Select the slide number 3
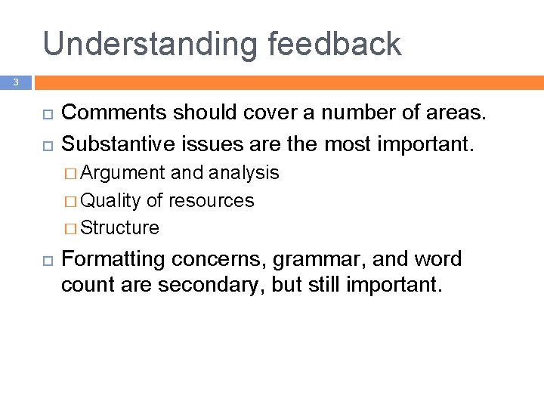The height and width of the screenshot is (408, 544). coord(14,81)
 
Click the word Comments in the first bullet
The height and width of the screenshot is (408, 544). coord(114,113)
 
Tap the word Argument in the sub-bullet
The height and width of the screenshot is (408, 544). coord(122,173)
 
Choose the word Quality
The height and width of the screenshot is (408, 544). coord(110,200)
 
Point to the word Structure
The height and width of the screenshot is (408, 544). coord(119,227)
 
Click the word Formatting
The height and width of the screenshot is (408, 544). coord(113,259)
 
